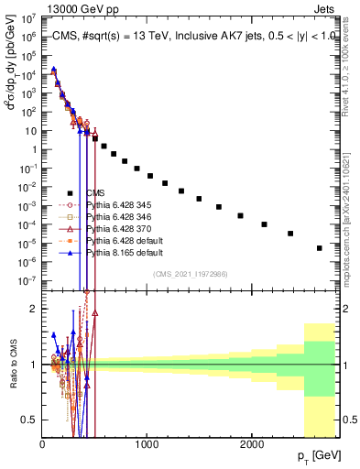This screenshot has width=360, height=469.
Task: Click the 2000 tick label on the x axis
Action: coord(252,443)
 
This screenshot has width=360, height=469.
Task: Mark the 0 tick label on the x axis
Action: coord(42,443)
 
